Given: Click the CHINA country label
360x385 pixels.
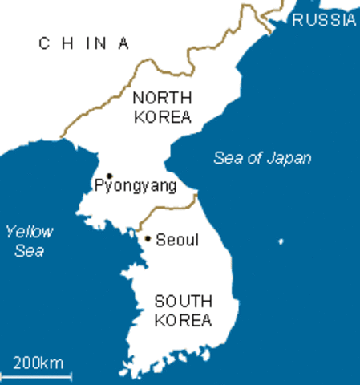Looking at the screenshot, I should pos(83,44).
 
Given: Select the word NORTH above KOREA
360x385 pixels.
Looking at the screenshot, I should pos(162,99).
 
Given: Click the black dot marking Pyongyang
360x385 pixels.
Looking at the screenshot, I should pos(110,175).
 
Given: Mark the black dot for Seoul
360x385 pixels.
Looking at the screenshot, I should pos(148,237).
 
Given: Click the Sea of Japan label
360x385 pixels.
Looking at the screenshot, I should pos(262,158).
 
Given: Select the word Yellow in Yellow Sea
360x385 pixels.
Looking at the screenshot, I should pos(28,233).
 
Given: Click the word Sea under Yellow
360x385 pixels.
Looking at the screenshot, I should pos(28,251).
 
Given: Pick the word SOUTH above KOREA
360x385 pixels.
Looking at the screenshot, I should pos(183,302).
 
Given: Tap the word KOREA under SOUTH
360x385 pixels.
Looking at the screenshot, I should pos(184,321).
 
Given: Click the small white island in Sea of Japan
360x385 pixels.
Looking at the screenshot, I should pos(280,241).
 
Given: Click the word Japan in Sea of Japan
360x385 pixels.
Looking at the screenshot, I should pos(289,158).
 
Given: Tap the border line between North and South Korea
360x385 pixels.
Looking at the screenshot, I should pos(168,208).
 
